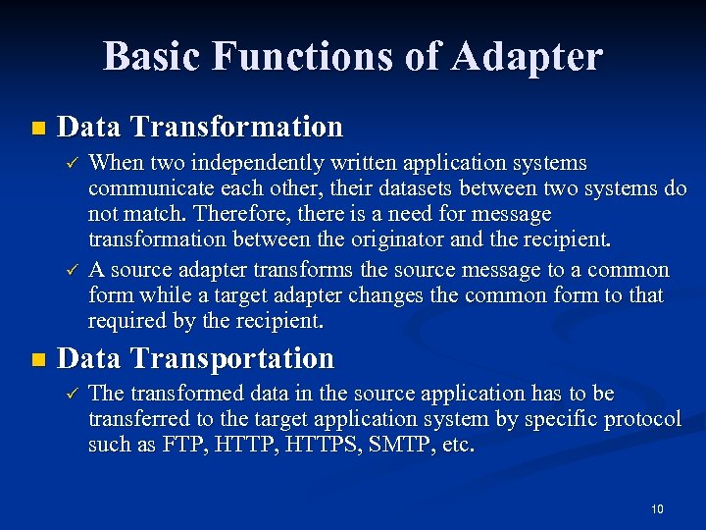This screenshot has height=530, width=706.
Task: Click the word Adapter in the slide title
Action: point(528,57)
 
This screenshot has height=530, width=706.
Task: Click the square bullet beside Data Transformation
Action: point(37,129)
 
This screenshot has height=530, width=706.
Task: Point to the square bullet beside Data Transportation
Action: point(37,360)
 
